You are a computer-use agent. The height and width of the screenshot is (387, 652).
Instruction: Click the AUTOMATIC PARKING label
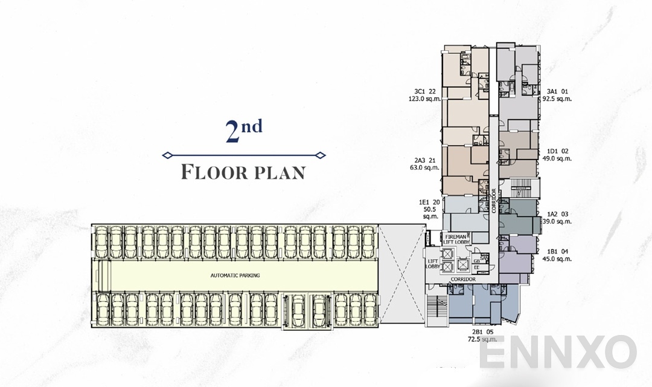point(235,275)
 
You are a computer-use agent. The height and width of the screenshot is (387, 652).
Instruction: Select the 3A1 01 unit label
point(556,91)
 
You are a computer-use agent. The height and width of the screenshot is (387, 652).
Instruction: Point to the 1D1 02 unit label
point(557,151)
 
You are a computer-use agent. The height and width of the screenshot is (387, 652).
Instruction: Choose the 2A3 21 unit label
point(426,160)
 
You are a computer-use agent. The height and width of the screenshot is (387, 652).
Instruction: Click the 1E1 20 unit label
point(429,202)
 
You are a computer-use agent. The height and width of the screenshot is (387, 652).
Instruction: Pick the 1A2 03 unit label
point(557,214)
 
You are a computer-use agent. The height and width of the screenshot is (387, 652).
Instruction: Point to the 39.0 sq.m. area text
point(557,221)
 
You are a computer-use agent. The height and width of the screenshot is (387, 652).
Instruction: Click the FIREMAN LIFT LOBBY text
point(458,239)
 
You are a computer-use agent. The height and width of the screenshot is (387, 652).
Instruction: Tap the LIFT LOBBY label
point(432,264)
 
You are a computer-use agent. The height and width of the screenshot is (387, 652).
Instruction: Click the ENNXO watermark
point(558,353)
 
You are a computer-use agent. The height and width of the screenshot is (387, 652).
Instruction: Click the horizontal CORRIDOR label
point(463,279)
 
